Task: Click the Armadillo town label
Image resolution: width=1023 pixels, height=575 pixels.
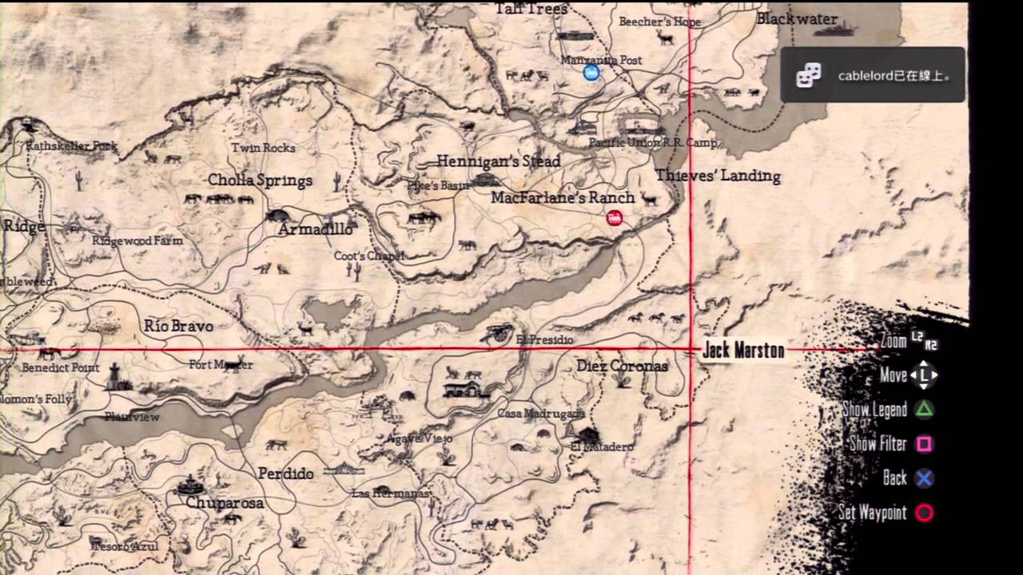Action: pyautogui.click(x=316, y=229)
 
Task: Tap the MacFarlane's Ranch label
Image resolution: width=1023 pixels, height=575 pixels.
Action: pyautogui.click(x=563, y=197)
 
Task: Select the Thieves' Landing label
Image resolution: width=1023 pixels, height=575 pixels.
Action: pyautogui.click(x=718, y=176)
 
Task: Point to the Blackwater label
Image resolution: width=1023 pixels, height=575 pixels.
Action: pyautogui.click(x=797, y=19)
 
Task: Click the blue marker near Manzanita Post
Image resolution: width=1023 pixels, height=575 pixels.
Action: pyautogui.click(x=591, y=73)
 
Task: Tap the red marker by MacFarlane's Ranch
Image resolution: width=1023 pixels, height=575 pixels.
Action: pyautogui.click(x=615, y=217)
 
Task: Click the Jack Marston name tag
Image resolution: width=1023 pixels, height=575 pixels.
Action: pyautogui.click(x=743, y=351)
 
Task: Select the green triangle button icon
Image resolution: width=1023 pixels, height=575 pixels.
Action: pyautogui.click(x=924, y=410)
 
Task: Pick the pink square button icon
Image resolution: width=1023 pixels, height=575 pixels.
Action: pyautogui.click(x=924, y=444)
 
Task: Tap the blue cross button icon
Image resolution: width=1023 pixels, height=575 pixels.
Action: pyautogui.click(x=924, y=478)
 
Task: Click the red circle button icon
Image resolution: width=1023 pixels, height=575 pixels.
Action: pyautogui.click(x=924, y=513)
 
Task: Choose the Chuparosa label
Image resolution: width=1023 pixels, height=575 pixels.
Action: pyautogui.click(x=225, y=503)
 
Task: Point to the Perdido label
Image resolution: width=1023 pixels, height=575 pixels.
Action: pyautogui.click(x=285, y=474)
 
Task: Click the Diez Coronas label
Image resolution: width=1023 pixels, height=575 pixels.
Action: pyautogui.click(x=622, y=366)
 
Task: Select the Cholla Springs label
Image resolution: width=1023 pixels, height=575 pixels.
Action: pyautogui.click(x=260, y=180)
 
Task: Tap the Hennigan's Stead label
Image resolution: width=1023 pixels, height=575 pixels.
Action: pyautogui.click(x=498, y=161)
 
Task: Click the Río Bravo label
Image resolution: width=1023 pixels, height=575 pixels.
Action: pyautogui.click(x=178, y=326)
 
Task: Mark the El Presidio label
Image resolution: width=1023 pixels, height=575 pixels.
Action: pyautogui.click(x=544, y=340)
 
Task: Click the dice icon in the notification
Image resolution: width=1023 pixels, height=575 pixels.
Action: pyautogui.click(x=808, y=75)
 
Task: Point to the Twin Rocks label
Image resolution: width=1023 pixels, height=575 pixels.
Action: pyautogui.click(x=263, y=148)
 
